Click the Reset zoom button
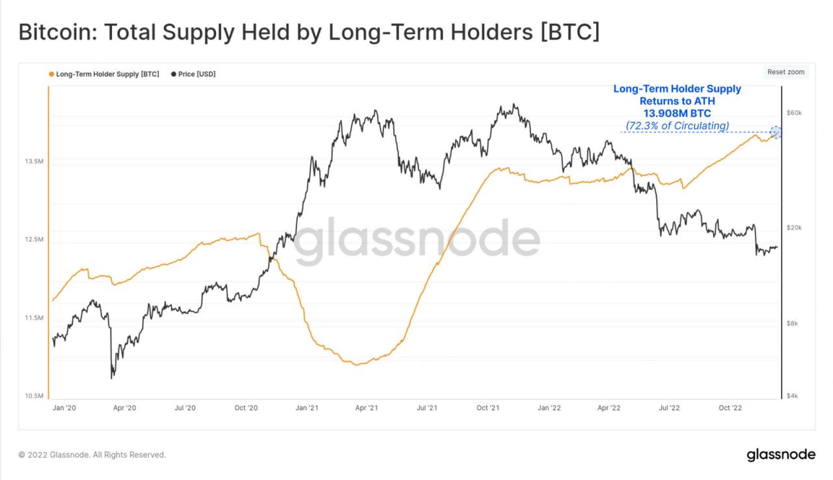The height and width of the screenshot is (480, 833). click(x=785, y=72)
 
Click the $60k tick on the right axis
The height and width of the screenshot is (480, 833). click(x=795, y=113)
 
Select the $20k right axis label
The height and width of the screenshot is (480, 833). click(x=795, y=227)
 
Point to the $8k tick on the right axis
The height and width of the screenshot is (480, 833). click(x=793, y=323)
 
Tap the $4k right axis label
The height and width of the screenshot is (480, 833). click(x=793, y=396)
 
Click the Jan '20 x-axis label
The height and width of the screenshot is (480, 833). click(x=64, y=408)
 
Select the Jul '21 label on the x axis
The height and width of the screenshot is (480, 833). click(x=427, y=408)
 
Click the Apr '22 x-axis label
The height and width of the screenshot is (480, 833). click(x=608, y=408)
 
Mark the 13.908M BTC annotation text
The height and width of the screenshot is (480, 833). click(x=677, y=113)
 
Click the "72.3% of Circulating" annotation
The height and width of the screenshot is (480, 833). click(x=677, y=125)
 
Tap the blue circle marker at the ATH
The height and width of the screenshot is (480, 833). click(x=775, y=132)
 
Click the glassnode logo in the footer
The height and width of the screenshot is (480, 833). click(x=780, y=454)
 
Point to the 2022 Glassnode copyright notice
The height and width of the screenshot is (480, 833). click(x=92, y=455)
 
